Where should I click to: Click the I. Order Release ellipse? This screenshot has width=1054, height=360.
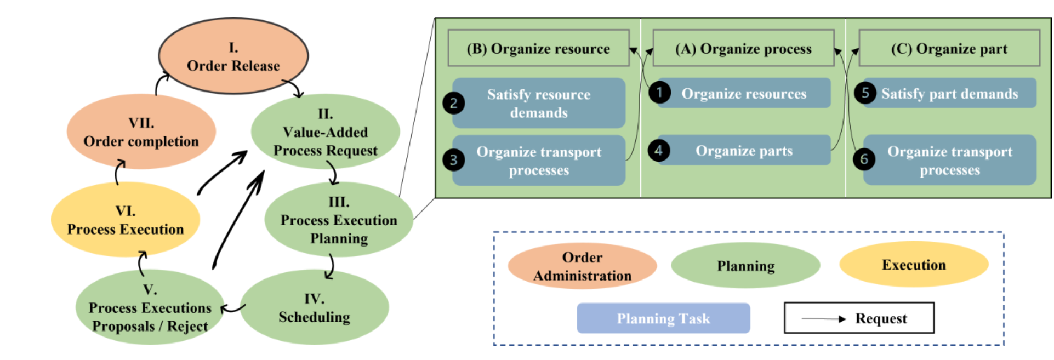[x=233, y=56]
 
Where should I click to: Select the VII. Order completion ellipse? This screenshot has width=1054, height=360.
[x=141, y=132]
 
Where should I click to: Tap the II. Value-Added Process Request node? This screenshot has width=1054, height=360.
[x=325, y=132]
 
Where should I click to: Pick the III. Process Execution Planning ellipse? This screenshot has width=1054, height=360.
[x=339, y=220]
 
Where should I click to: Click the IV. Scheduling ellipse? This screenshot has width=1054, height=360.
[x=314, y=307]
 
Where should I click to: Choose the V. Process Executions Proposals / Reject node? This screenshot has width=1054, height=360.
[x=150, y=307]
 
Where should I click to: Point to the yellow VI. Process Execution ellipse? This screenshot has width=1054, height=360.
[x=125, y=220]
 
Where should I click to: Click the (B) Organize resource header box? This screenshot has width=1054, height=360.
[x=538, y=48]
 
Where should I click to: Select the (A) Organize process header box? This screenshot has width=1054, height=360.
[x=743, y=48]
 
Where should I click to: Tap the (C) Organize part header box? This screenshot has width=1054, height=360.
[x=949, y=48]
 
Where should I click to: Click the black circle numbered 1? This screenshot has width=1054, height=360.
[x=659, y=92]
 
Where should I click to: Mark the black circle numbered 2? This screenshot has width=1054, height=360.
[x=453, y=103]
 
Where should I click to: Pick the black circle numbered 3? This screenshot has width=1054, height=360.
[x=453, y=160]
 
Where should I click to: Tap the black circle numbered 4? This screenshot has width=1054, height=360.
[x=658, y=150]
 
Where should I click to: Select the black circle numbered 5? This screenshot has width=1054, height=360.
[x=865, y=92]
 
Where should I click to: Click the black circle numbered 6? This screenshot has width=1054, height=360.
[x=864, y=159]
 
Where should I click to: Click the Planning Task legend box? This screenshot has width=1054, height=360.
[x=663, y=318]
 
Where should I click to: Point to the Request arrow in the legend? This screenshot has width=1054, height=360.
[x=824, y=318]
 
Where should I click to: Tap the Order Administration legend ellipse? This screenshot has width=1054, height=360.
[x=582, y=266]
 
